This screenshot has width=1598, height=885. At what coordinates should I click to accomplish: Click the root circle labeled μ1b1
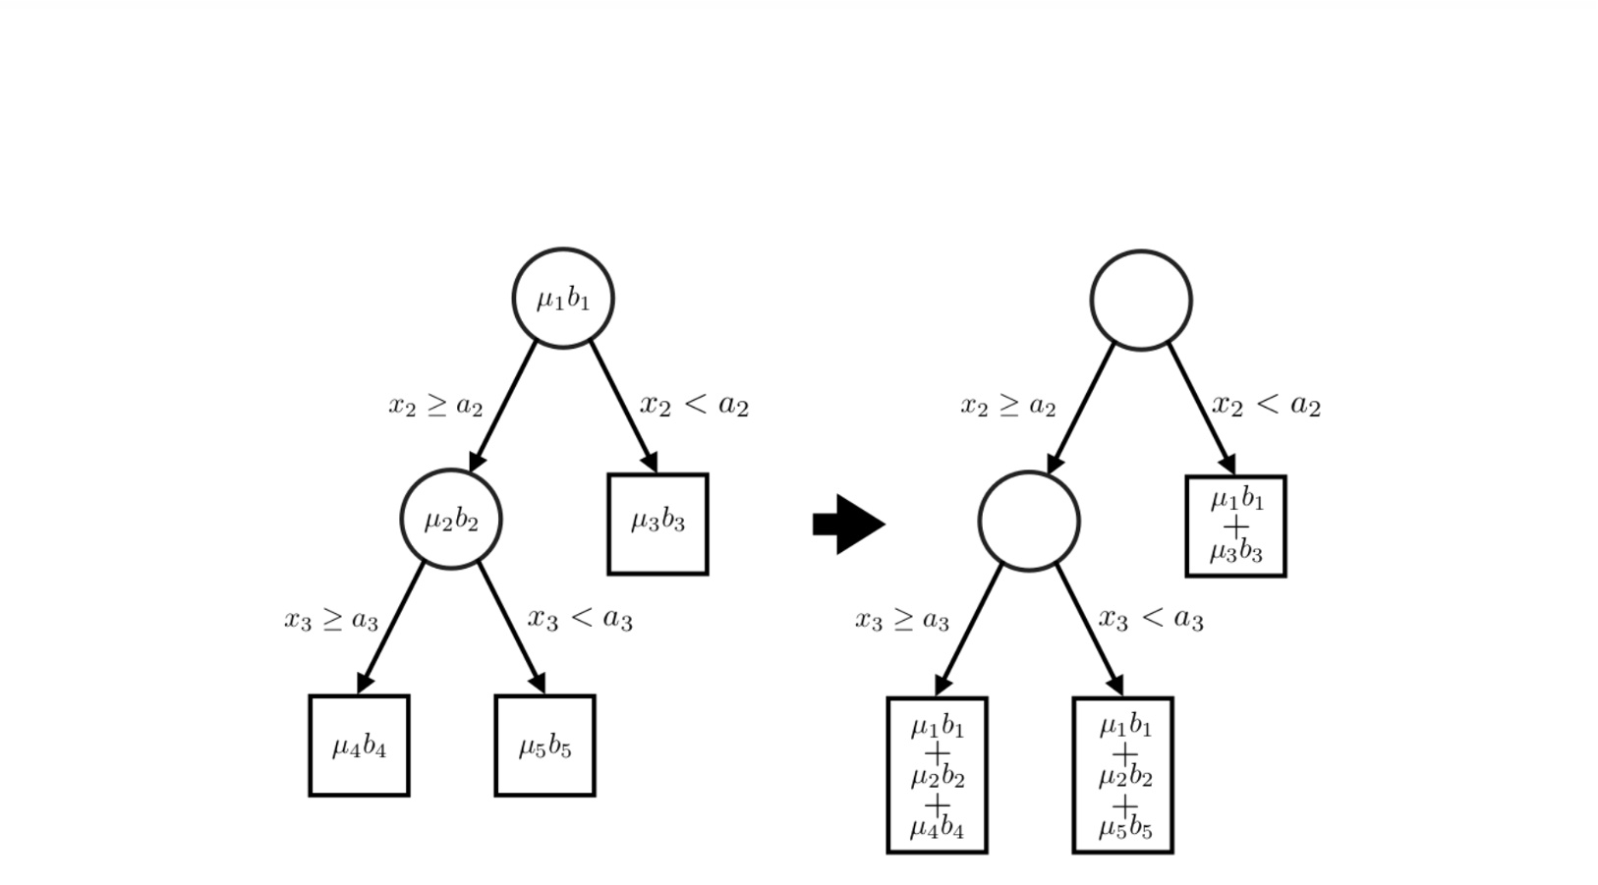563,298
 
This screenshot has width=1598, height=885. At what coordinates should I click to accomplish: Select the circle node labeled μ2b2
451,519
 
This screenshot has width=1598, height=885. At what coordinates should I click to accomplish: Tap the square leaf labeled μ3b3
657,524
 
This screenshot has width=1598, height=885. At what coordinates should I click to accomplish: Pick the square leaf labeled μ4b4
359,746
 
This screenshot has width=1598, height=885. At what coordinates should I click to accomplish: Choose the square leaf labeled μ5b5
544,746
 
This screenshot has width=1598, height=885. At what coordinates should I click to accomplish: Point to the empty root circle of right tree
1141,300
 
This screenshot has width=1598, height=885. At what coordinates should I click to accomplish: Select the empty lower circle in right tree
1029,521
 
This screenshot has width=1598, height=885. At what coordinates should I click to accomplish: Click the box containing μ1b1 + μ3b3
1235,525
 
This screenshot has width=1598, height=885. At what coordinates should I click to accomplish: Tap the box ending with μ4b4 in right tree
937,775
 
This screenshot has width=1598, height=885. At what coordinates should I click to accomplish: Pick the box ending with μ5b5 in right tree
1122,775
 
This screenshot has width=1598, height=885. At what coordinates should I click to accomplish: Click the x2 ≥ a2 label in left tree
435,405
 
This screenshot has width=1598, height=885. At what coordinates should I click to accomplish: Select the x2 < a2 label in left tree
694,404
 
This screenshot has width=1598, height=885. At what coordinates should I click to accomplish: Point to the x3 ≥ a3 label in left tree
331,620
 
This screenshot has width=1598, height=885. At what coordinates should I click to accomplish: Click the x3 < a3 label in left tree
580,618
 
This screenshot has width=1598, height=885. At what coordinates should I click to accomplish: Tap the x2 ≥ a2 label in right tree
1007,406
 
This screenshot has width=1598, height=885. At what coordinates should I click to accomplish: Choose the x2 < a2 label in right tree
1266,404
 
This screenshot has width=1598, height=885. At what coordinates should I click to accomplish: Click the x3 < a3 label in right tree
1151,619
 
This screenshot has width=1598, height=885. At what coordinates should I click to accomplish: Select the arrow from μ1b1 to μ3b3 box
623,406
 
